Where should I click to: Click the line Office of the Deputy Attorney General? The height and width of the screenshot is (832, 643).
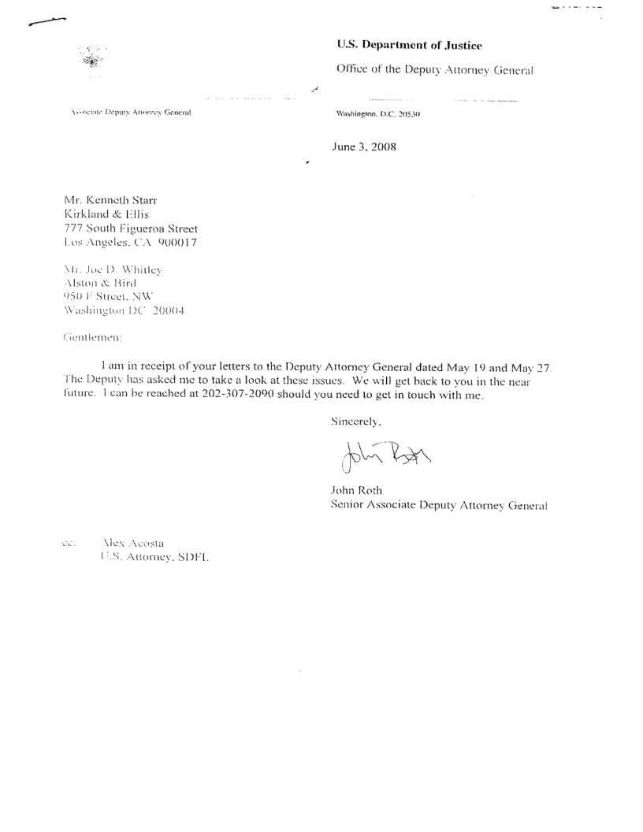[x=435, y=69]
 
